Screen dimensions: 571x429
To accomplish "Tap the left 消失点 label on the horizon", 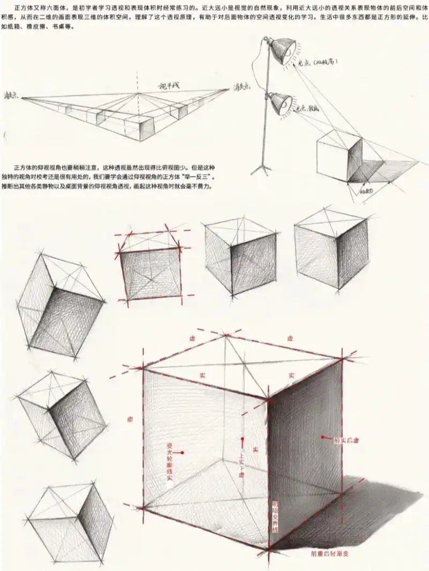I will click(11, 95).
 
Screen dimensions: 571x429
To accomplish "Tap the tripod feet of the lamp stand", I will click(262, 169).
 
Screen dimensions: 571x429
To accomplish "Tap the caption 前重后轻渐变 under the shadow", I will click(330, 554).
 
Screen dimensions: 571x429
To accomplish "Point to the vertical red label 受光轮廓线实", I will click(169, 461).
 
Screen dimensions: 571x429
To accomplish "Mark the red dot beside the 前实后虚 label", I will click(323, 437).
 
